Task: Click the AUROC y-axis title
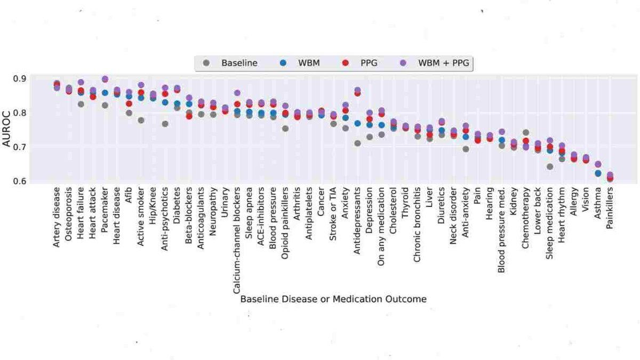pyautogui.click(x=7, y=130)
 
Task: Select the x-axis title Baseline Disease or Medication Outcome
pyautogui.click(x=333, y=299)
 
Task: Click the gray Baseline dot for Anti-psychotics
pyautogui.click(x=165, y=124)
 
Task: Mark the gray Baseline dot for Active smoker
pyautogui.click(x=141, y=121)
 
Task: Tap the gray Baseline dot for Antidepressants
pyautogui.click(x=357, y=143)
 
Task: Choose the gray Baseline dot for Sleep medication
pyautogui.click(x=550, y=166)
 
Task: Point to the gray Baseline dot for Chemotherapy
pyautogui.click(x=526, y=132)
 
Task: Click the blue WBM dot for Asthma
pyautogui.click(x=598, y=173)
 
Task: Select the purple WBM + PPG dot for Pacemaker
pyautogui.click(x=105, y=79)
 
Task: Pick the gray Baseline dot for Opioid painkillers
pyautogui.click(x=285, y=129)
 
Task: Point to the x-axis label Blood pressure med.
pyautogui.click(x=502, y=230)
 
